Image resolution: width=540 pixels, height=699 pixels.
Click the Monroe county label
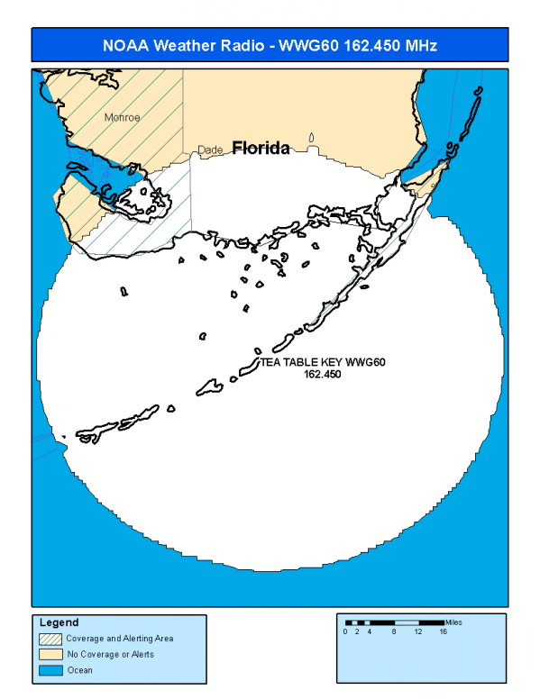[123, 117]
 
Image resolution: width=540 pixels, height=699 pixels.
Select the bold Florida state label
[261, 148]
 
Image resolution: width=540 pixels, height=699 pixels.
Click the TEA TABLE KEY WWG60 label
[323, 362]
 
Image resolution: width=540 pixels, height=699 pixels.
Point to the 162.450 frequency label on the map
[322, 374]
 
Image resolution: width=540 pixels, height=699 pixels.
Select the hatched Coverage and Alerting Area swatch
[50, 638]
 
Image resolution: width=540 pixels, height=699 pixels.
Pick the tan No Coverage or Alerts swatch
[50, 653]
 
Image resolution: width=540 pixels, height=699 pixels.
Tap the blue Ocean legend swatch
[50, 669]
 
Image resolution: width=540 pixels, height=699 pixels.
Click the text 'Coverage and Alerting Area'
[120, 638]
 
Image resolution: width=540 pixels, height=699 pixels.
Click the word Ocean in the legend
[80, 669]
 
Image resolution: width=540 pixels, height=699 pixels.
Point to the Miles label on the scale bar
[453, 622]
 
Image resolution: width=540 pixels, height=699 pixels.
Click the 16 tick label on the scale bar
[444, 632]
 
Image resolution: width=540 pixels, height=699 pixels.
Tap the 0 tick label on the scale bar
[345, 632]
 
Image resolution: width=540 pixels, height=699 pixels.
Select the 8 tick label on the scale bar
[394, 632]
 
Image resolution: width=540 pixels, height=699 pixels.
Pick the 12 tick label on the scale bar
[418, 632]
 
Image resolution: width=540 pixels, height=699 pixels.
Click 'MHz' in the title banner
[419, 45]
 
